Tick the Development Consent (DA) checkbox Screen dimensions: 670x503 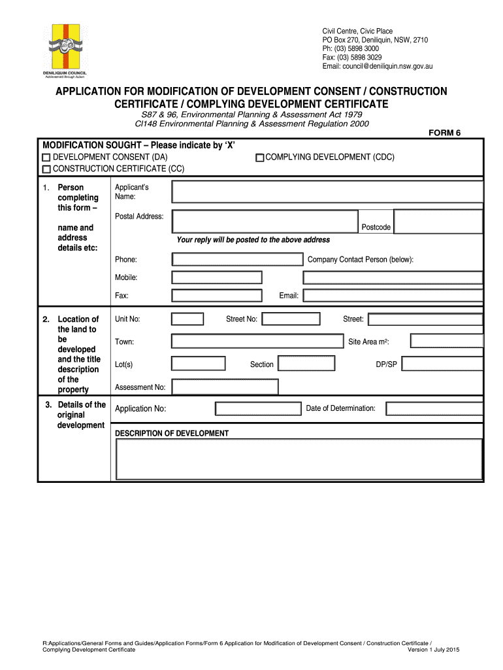click(46, 158)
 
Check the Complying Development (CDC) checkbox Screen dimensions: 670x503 click(259, 158)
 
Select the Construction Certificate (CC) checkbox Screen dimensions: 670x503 click(46, 169)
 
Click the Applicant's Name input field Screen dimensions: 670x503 click(327, 192)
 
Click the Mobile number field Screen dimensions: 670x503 click(217, 277)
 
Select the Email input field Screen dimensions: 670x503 click(393, 295)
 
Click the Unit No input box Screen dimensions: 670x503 click(187, 319)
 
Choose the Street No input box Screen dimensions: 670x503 click(291, 319)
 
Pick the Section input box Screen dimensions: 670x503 click(306, 364)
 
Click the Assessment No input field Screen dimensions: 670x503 click(224, 387)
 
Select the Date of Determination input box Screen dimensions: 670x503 click(434, 409)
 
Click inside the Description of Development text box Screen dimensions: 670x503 click(299, 459)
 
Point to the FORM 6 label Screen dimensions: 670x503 click(444, 133)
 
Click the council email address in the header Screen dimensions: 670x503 click(378, 66)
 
